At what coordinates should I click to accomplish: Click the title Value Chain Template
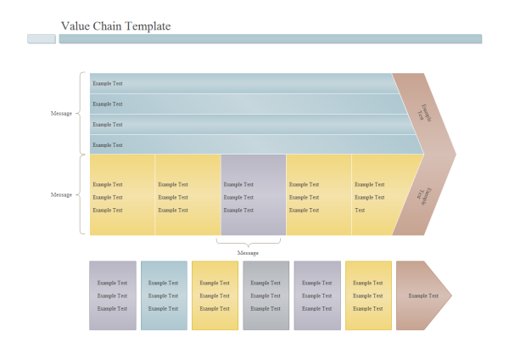pos(115,26)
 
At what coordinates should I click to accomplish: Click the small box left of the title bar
pos(42,39)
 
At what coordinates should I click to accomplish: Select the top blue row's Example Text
pos(108,83)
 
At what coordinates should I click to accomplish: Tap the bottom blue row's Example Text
pos(108,145)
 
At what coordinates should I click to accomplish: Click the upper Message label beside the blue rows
pos(61,113)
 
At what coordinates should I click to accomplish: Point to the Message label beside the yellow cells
pos(61,194)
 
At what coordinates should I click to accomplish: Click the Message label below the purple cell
pos(248,253)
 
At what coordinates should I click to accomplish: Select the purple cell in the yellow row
pos(253,194)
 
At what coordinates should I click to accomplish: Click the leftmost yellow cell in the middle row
pos(122,194)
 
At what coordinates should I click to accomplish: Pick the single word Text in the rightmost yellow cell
pos(360,210)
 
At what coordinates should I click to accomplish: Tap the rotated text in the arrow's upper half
pos(427,113)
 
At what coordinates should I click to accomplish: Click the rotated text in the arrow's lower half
pos(426,195)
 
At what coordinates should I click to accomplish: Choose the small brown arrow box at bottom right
pos(423,295)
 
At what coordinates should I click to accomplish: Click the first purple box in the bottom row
pos(113,295)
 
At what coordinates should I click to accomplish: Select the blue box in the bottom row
pos(164,295)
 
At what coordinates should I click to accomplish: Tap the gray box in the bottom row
pos(266,295)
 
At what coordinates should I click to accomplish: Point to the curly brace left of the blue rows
pos(82,113)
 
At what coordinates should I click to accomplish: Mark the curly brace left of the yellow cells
pos(82,194)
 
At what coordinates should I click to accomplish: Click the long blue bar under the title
pos(270,39)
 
